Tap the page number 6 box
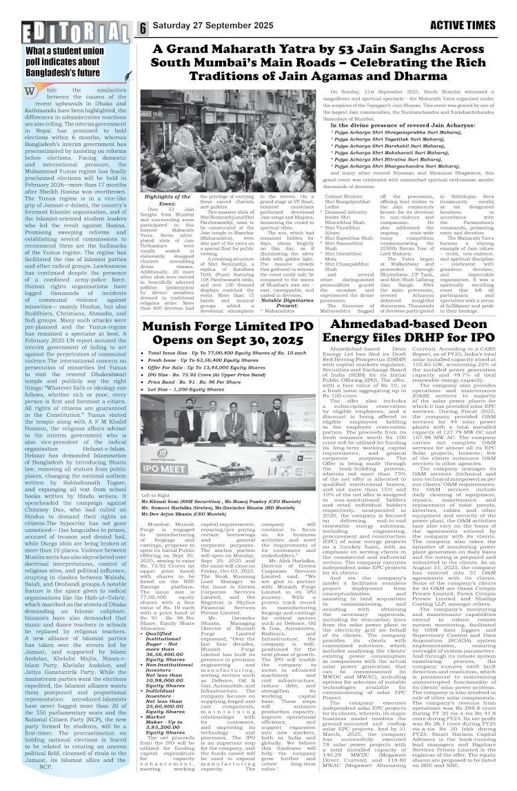[x=143, y=28]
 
